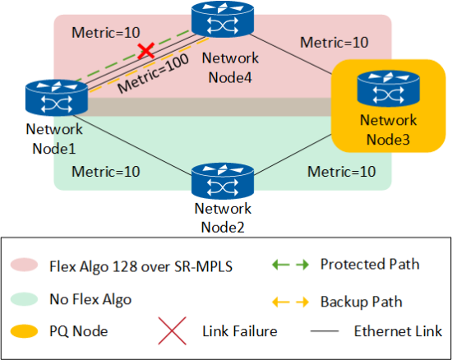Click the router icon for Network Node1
[x=57, y=98]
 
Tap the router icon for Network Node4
[x=223, y=19]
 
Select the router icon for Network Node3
[x=388, y=89]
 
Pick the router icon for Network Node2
[x=223, y=181]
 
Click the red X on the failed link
[x=146, y=51]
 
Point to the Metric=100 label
[x=154, y=73]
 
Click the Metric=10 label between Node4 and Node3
[x=334, y=43]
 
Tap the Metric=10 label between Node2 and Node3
[x=342, y=172]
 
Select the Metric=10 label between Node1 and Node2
[x=106, y=172]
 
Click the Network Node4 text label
[x=230, y=67]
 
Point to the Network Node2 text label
[x=223, y=218]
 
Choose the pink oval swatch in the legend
[x=24, y=265]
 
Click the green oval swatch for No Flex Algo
[x=24, y=299]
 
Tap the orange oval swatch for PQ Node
[x=24, y=331]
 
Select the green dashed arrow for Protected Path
[x=290, y=265]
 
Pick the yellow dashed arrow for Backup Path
[x=290, y=302]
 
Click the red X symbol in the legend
[x=172, y=331]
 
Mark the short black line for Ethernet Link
[x=325, y=331]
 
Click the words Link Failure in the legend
[x=240, y=331]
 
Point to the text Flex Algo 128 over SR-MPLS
[x=141, y=266]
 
